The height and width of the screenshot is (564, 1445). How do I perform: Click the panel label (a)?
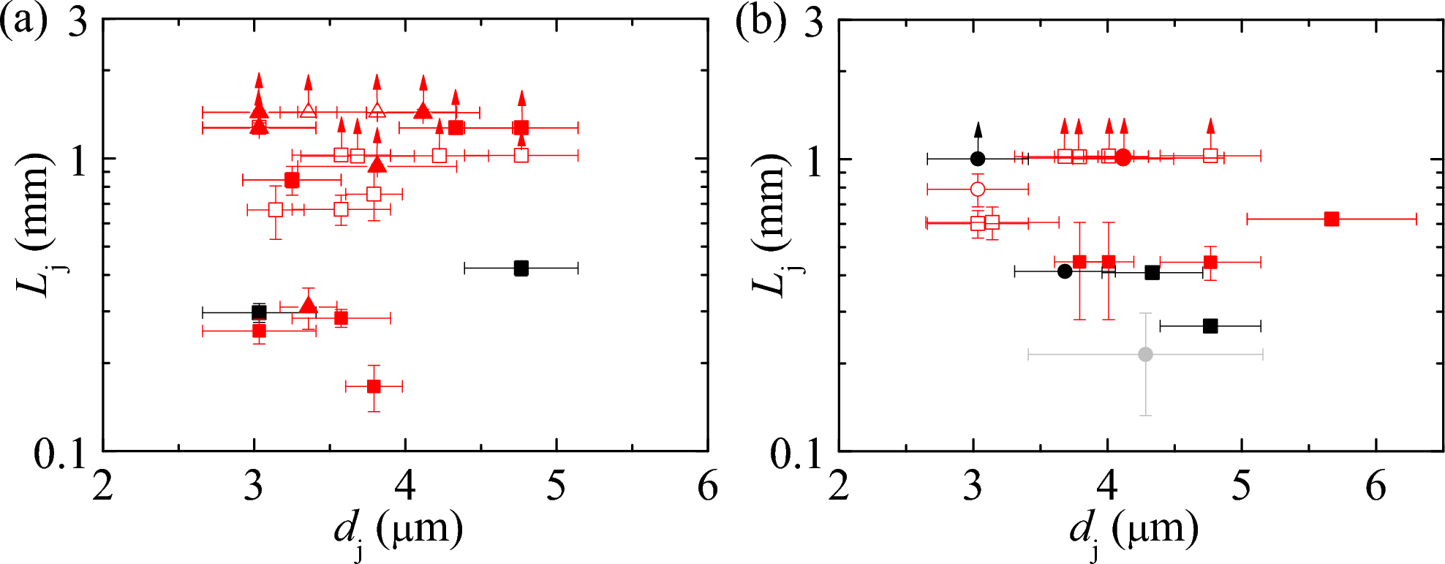tap(23, 22)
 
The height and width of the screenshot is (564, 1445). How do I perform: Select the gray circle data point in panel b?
tap(1145, 355)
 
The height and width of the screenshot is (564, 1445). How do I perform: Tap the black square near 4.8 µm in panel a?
tap(521, 268)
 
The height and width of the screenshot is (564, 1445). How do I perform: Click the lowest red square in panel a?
tap(374, 386)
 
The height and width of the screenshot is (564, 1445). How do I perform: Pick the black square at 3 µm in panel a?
tap(259, 312)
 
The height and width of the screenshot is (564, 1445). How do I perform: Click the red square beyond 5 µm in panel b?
tap(1332, 219)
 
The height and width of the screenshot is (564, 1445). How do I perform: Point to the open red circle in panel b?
tap(978, 189)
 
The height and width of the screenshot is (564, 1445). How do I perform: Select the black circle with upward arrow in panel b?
tap(978, 159)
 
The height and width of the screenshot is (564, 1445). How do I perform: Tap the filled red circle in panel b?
tap(1123, 157)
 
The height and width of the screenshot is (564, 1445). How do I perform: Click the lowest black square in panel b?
tap(1210, 326)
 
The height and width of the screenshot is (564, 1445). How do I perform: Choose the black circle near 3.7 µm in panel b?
tap(1065, 271)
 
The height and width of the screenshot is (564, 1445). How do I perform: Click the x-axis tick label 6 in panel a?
tap(707, 487)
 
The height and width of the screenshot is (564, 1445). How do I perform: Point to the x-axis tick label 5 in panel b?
tap(1242, 487)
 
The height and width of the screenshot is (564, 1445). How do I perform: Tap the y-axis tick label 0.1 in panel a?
tap(60, 455)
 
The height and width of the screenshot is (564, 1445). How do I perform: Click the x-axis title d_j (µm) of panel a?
tap(399, 530)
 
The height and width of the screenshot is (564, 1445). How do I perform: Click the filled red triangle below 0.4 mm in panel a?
tap(308, 305)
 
